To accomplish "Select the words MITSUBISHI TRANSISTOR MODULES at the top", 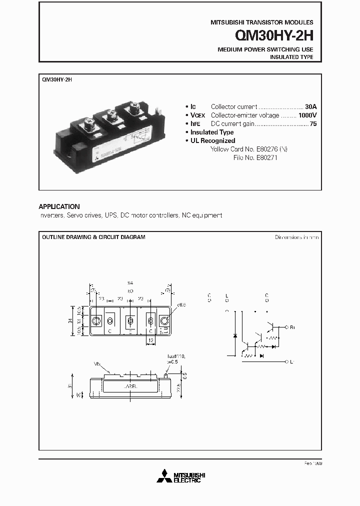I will pyautogui.click(x=259, y=22).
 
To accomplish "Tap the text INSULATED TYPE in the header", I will pyautogui.click(x=291, y=57).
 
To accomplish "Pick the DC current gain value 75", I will pyautogui.click(x=313, y=123).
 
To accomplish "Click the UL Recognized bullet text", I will pyautogui.click(x=212, y=140).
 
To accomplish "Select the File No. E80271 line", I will pyautogui.click(x=255, y=157).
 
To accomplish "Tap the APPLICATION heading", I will pyautogui.click(x=59, y=206).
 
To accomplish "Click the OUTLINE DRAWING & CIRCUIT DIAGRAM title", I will pyautogui.click(x=93, y=237).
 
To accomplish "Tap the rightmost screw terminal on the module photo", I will pyautogui.click(x=134, y=107).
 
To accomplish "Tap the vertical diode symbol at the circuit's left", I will pyautogui.click(x=235, y=335).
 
